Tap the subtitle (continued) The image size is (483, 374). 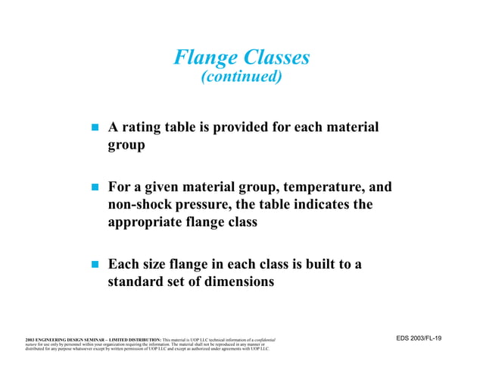[x=241, y=77]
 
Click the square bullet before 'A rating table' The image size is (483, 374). [x=96, y=128]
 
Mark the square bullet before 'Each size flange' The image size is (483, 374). [x=96, y=266]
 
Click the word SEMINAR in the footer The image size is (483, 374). [x=86, y=339]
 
